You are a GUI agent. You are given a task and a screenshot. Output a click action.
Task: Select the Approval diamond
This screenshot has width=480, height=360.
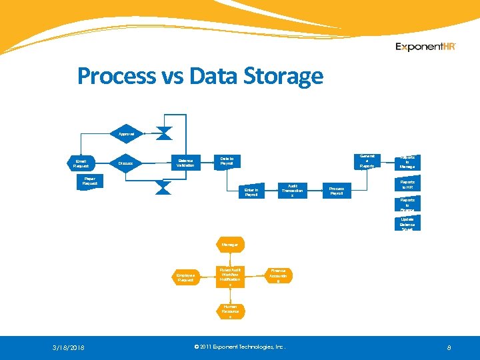(126, 134)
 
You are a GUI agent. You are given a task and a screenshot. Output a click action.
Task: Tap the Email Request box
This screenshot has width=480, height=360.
(81, 163)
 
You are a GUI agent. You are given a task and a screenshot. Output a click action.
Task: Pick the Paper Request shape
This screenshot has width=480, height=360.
(89, 181)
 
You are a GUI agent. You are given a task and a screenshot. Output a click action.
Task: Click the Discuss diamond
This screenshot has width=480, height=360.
(125, 163)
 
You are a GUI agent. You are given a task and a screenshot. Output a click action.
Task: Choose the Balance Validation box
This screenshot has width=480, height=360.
(185, 162)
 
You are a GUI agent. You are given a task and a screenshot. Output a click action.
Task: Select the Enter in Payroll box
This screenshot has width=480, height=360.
(251, 191)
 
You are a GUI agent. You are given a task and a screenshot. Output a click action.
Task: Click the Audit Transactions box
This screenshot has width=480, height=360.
(292, 191)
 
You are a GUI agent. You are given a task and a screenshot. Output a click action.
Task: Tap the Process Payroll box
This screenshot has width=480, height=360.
(337, 191)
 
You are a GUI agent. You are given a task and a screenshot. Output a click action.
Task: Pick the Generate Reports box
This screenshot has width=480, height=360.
(367, 161)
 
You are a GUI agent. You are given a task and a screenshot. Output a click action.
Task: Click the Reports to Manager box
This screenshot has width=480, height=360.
(407, 162)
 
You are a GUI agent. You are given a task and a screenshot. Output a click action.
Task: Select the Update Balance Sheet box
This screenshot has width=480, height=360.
(407, 223)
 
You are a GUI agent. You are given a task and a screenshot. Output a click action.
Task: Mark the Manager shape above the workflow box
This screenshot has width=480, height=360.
(230, 245)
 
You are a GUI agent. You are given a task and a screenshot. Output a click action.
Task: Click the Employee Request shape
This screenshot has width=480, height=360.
(185, 277)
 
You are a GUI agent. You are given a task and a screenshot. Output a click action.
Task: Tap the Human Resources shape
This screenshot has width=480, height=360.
(230, 311)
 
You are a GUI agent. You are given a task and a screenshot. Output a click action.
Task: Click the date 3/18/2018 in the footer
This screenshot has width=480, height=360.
(69, 347)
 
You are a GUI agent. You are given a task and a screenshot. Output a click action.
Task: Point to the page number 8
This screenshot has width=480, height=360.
(449, 347)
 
